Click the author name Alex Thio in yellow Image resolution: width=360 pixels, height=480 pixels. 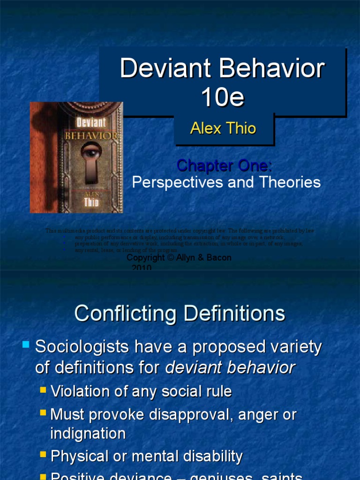pos(223,128)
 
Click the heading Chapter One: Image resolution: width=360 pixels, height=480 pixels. pos(224,165)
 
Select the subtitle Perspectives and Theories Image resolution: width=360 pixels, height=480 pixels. pos(226,182)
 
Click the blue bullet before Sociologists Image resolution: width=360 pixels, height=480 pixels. pos(26,345)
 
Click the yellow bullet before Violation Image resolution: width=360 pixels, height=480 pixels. pos(44,390)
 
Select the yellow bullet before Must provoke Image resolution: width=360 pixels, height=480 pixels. pos(44,413)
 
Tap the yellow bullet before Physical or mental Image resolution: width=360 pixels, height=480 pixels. pos(44,454)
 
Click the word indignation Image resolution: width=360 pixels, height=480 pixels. pos(88,433)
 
